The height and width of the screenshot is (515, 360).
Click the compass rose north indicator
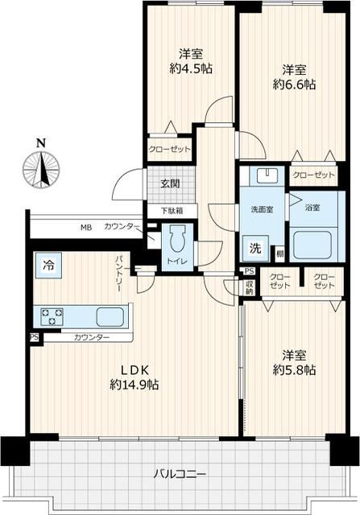tap(41, 167)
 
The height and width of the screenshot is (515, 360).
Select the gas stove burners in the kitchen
tap(52, 316)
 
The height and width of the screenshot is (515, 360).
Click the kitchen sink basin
tap(110, 316)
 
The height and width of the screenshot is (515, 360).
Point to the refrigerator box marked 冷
tap(48, 266)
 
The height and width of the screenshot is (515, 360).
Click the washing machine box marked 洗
tap(256, 249)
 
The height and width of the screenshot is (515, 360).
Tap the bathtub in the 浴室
tap(312, 245)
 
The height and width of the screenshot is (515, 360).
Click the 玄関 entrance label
tap(170, 183)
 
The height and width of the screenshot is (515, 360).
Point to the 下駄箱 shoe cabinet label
tap(172, 210)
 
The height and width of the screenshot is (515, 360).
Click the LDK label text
tap(136, 370)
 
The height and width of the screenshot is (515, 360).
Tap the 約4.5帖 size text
tap(191, 68)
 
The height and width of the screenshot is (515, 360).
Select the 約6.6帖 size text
tap(294, 84)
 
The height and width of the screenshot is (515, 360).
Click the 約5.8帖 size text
tap(294, 370)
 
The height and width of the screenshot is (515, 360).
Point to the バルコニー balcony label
tap(180, 474)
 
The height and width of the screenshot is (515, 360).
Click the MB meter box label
tap(87, 227)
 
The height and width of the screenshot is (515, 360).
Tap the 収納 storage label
tap(249, 287)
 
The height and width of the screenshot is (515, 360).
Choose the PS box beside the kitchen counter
tap(34, 337)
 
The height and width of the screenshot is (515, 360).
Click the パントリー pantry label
tap(119, 273)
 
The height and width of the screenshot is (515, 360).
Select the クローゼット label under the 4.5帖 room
tap(169, 150)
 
